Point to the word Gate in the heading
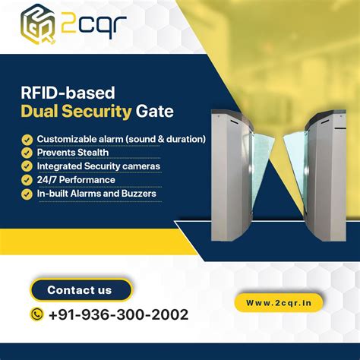pyautogui.click(x=155, y=112)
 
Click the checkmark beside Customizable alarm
pyautogui.click(x=27, y=139)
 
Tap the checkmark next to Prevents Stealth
pyautogui.click(x=27, y=153)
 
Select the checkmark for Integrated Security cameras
pyautogui.click(x=27, y=166)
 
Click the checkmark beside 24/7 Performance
pyautogui.click(x=27, y=180)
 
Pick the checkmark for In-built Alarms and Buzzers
pyautogui.click(x=27, y=194)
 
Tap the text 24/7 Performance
pyautogui.click(x=76, y=180)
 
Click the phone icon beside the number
pyautogui.click(x=36, y=314)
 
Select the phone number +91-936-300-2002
pyautogui.click(x=118, y=314)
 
